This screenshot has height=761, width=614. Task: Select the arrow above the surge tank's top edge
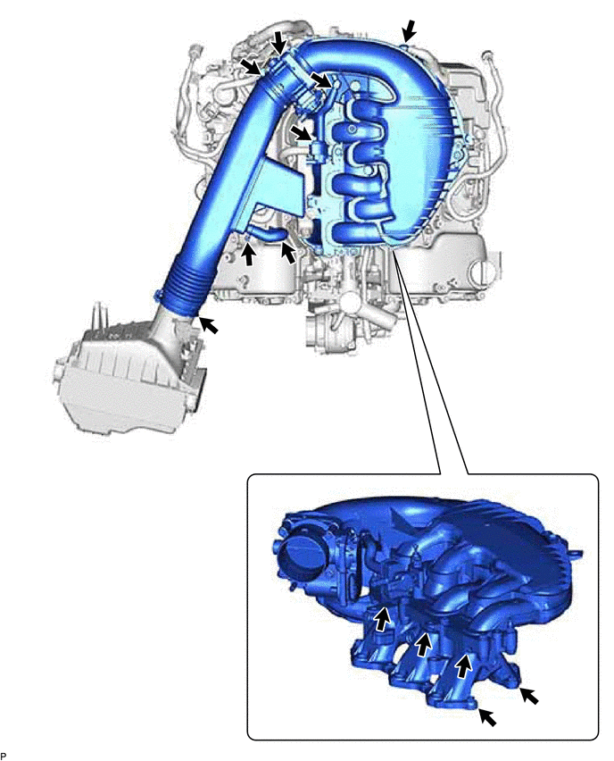coord(409,30)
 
